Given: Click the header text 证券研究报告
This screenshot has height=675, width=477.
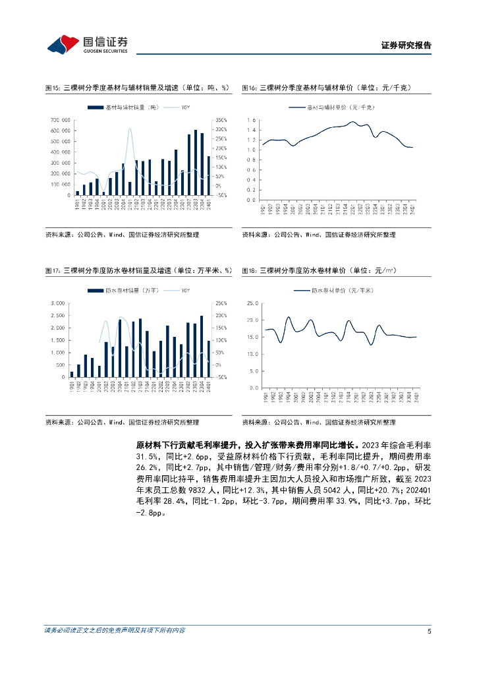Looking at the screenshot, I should [407, 46].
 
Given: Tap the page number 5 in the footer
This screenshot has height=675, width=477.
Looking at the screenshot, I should [429, 631].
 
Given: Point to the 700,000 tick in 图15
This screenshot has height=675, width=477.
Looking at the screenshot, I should [59, 120].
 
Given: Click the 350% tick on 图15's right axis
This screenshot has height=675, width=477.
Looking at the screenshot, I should [221, 120].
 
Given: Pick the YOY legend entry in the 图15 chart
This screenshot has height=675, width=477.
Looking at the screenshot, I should [181, 107].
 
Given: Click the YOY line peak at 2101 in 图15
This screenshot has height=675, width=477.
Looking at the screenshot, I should [130, 129].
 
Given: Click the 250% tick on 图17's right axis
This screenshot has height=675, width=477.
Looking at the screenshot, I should [220, 303].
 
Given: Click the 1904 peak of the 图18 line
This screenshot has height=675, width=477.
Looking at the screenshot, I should [288, 318].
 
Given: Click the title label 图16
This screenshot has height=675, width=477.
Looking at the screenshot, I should [248, 88].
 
